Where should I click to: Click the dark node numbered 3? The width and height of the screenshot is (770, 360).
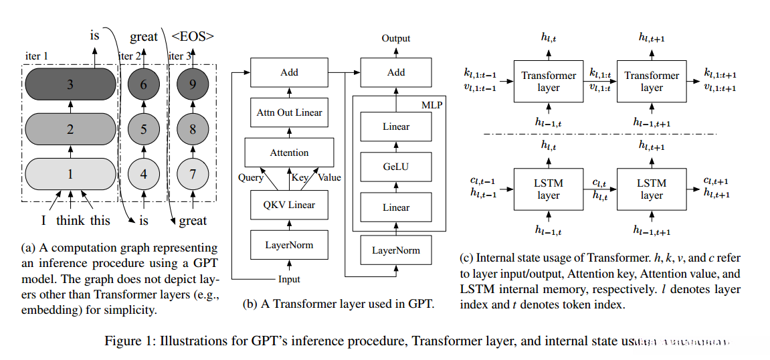70,85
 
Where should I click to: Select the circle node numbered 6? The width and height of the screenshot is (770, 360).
144,85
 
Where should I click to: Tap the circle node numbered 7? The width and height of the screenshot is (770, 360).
193,174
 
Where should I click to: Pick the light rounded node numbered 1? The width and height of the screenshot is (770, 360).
70,174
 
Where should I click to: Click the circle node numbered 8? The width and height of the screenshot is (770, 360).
193,129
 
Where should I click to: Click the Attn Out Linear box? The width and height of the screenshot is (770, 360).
290,112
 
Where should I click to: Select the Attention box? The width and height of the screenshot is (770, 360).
290,153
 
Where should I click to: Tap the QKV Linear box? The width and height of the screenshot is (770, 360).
290,204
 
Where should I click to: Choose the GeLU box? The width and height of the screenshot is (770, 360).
396,167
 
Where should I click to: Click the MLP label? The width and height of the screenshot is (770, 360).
432,104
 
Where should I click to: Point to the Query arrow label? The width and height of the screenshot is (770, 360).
251,177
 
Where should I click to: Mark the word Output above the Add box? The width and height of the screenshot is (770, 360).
396,38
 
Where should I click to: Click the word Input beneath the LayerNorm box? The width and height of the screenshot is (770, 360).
290,278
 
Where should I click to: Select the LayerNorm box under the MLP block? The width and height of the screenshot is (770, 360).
396,250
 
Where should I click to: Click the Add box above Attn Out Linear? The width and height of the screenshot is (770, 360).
290,72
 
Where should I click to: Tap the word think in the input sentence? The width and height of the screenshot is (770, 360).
70,221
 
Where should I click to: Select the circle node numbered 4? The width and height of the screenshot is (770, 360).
144,174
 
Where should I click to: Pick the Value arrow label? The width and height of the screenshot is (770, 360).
329,177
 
